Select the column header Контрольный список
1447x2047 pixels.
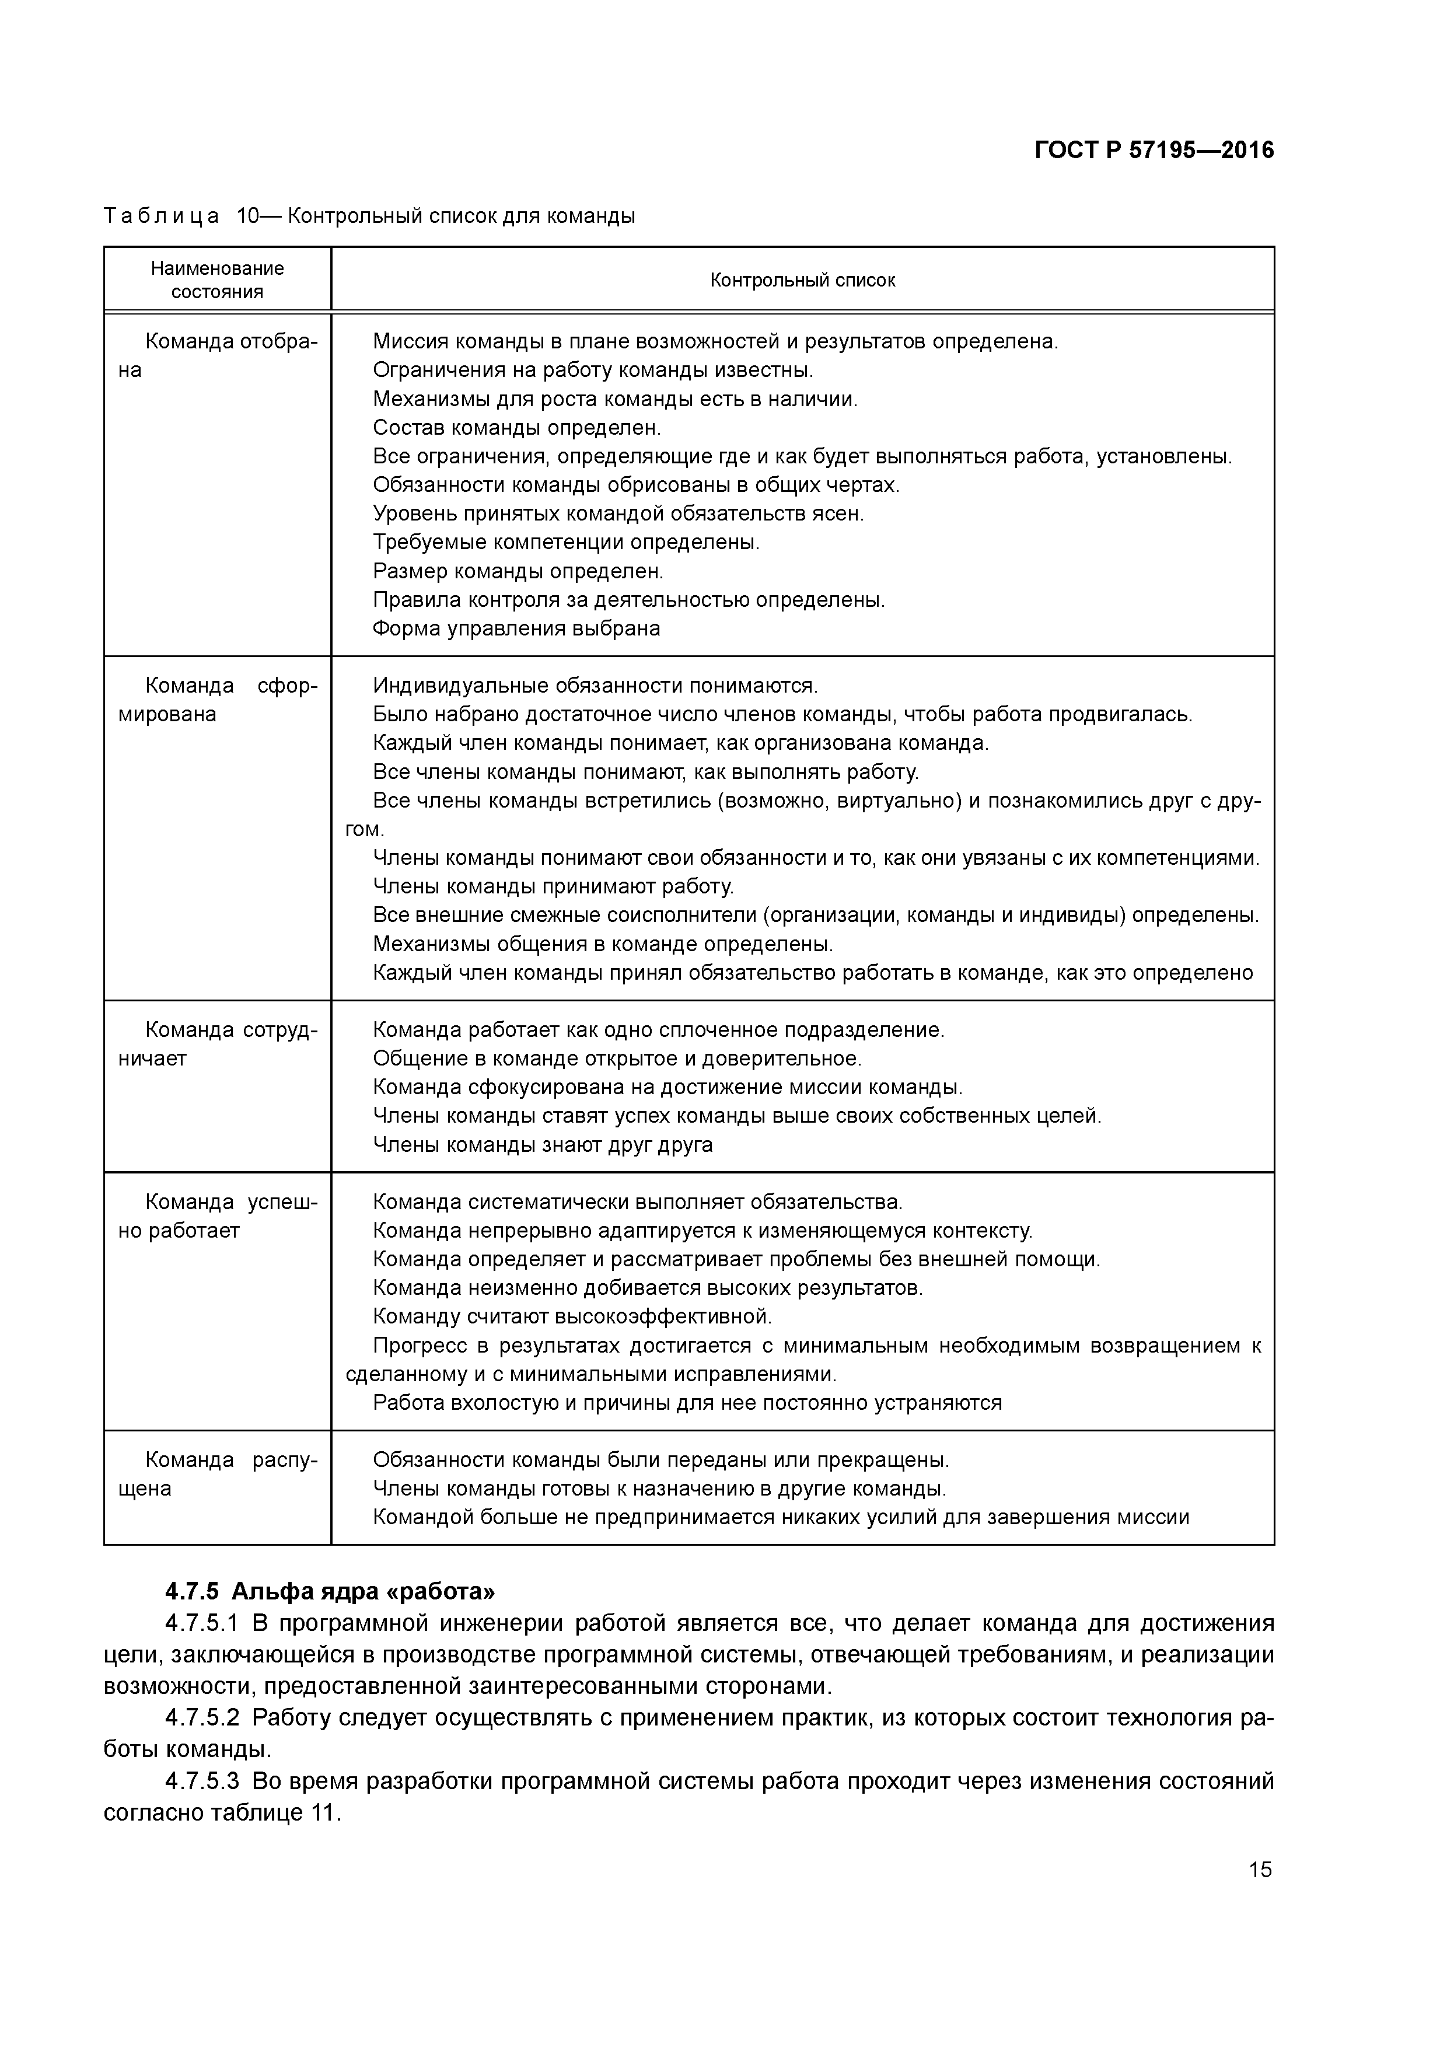click(x=802, y=280)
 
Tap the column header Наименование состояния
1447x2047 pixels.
click(x=218, y=280)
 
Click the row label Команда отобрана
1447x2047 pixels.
click(x=218, y=355)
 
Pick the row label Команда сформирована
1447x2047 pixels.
click(x=218, y=700)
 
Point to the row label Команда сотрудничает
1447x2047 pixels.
click(x=218, y=1044)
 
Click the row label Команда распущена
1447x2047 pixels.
click(x=218, y=1474)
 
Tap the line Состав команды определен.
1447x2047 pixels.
click(x=516, y=427)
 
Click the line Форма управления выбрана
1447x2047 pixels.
click(x=516, y=628)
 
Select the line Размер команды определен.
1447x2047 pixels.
click(x=518, y=571)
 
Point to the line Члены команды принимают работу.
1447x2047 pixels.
click(x=553, y=886)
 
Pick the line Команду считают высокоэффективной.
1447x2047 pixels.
click(x=571, y=1316)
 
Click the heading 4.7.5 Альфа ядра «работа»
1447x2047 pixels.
click(x=330, y=1591)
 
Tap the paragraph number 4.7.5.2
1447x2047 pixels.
click(x=202, y=1717)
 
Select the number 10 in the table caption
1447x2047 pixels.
click(x=247, y=216)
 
